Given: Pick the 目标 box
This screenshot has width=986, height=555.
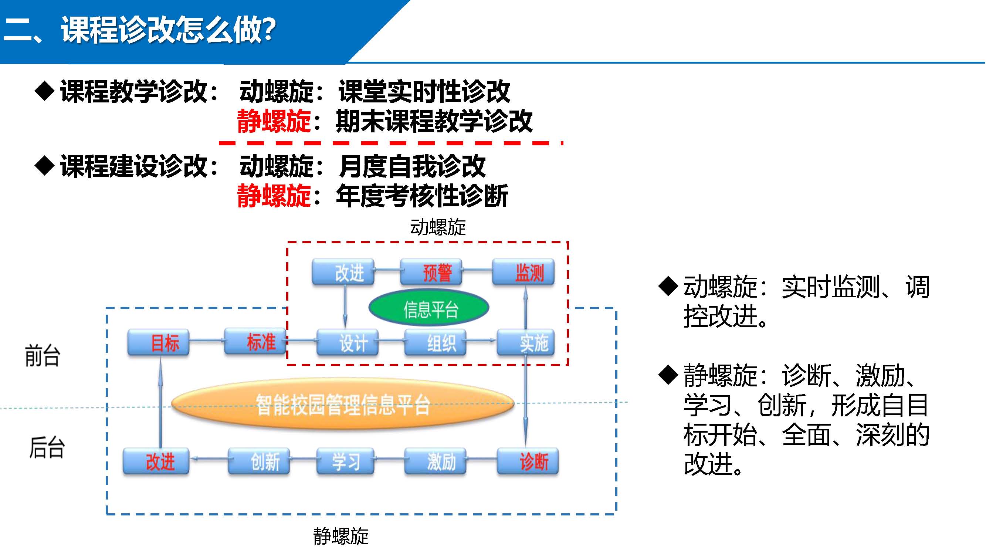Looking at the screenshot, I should [159, 342].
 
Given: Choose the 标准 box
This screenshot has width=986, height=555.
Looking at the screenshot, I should [255, 342].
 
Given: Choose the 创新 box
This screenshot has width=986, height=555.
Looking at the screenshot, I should [259, 461].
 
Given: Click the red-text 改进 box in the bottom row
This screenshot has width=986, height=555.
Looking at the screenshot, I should [156, 461].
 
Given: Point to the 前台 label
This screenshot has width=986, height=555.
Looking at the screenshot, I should [43, 356].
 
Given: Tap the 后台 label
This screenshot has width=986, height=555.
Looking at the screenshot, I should [47, 447].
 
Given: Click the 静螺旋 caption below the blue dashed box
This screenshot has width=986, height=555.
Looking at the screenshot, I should [341, 536].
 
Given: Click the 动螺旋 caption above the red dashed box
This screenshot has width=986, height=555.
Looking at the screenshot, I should [438, 227].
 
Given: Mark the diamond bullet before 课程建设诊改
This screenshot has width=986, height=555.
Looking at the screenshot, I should [45, 166].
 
